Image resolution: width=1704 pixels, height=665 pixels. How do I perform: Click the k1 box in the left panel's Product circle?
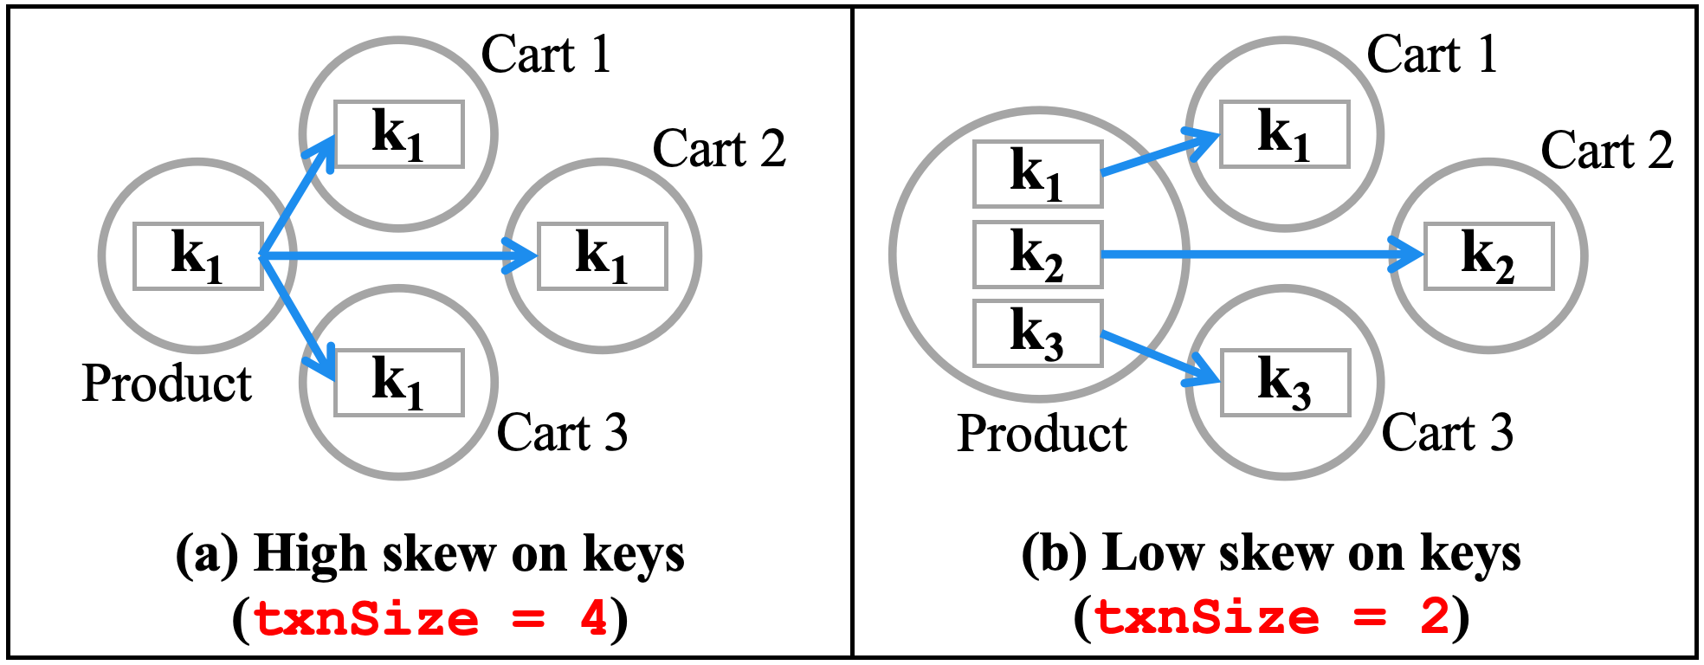(x=197, y=256)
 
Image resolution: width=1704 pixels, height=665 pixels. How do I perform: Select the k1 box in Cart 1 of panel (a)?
(x=399, y=134)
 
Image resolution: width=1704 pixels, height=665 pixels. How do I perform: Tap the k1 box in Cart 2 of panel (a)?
(x=602, y=256)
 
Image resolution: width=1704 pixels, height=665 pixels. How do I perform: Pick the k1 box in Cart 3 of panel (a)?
(x=399, y=383)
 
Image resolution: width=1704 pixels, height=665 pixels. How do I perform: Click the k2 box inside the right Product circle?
(x=1037, y=255)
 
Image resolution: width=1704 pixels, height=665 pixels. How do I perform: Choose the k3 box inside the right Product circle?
(x=1037, y=333)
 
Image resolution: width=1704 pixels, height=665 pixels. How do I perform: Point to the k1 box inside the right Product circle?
(x=1037, y=174)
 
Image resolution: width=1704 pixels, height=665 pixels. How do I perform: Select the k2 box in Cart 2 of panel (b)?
(x=1488, y=256)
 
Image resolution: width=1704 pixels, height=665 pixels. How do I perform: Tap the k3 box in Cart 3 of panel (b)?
(x=1285, y=383)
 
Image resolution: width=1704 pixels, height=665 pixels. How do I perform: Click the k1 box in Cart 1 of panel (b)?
(x=1284, y=134)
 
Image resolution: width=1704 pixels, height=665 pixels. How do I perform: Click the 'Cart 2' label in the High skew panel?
(x=719, y=149)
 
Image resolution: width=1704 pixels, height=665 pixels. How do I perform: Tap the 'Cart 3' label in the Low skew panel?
(x=1447, y=433)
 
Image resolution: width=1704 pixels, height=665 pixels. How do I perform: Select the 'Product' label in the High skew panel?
(x=166, y=384)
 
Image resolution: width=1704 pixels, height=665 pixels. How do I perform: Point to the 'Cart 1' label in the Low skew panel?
(x=1432, y=55)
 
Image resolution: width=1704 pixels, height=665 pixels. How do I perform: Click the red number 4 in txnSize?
(x=594, y=618)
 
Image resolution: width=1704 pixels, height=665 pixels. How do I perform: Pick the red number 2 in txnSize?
(x=1435, y=618)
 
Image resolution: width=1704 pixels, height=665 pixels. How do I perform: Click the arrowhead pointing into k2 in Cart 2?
(x=1410, y=255)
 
